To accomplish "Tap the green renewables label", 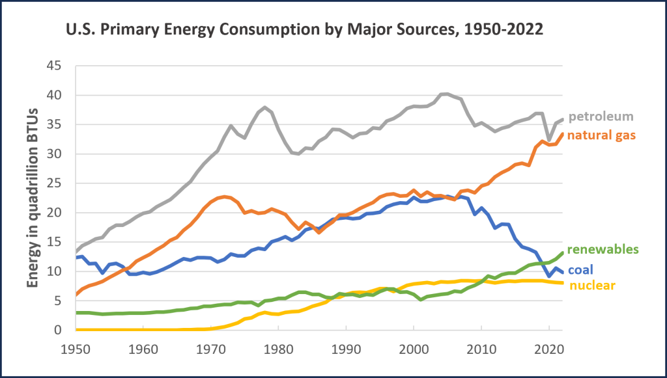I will pos(603,249).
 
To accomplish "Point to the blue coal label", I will pos(580,270).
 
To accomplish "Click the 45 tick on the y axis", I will pos(56,66).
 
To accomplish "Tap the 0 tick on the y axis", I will pos(60,331).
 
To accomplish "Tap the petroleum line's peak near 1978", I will pos(264,107).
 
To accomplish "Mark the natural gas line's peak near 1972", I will pos(224,196).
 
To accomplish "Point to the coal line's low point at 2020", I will pos(549,276).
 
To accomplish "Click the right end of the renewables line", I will pos(562,252).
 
